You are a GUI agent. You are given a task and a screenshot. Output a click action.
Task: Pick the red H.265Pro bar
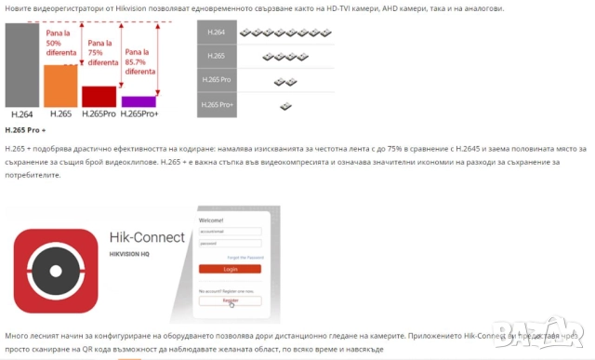(x=99, y=97)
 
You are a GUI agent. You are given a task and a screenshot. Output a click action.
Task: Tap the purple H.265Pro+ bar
(x=139, y=101)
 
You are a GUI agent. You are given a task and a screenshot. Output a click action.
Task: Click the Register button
(x=230, y=300)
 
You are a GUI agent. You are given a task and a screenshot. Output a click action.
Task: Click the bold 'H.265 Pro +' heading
(x=25, y=130)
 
